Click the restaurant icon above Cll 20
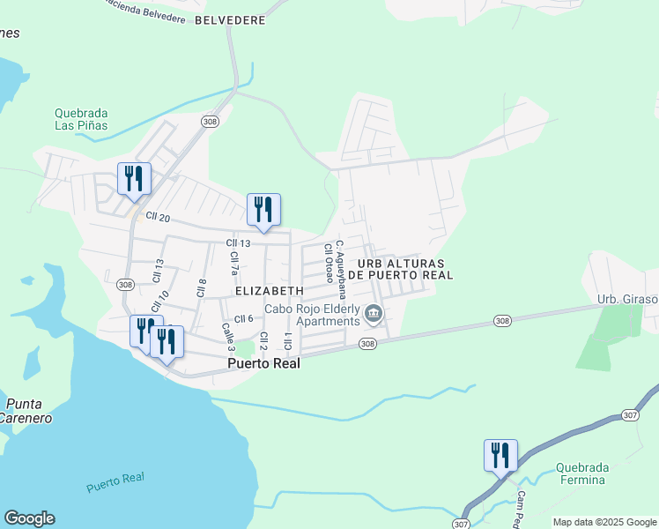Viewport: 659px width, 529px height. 134,179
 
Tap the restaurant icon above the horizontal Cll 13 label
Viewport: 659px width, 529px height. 263,210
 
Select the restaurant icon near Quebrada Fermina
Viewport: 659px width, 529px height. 500,456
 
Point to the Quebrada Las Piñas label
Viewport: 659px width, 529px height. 81,119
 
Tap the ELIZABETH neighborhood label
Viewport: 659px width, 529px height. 270,290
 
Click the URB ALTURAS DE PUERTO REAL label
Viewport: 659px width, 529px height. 401,269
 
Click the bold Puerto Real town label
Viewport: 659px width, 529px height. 264,362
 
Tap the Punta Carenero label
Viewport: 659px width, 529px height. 25,410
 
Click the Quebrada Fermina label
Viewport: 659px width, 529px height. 580,473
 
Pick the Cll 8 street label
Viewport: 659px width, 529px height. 202,287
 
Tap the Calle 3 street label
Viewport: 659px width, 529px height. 227,336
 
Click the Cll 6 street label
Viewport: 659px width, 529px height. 244,318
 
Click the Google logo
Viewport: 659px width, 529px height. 29,518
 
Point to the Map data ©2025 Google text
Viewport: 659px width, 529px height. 603,522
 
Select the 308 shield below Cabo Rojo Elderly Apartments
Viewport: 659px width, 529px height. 368,344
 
